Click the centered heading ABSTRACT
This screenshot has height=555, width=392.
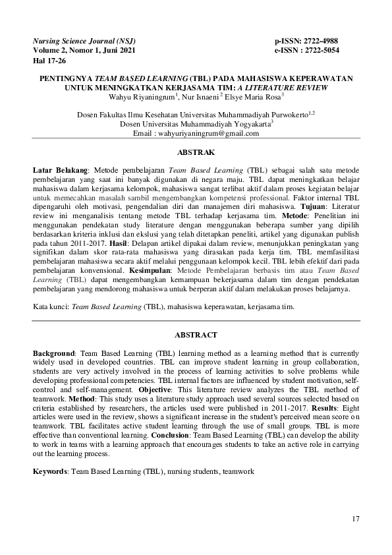(196, 336)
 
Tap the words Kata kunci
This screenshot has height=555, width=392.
(50, 307)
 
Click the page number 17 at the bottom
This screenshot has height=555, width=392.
(356, 519)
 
